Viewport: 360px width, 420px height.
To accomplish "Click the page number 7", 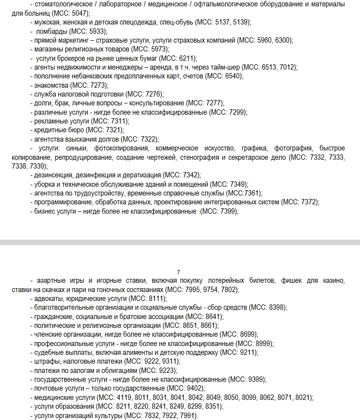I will (179, 272).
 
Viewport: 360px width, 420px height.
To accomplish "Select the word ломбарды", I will (51, 31).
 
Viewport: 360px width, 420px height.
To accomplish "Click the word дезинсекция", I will (53, 175).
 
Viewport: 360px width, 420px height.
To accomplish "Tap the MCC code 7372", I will (308, 202).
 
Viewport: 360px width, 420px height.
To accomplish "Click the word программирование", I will (61, 202).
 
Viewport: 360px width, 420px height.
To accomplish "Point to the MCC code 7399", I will (226, 211).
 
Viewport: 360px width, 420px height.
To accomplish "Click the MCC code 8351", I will (212, 406).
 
